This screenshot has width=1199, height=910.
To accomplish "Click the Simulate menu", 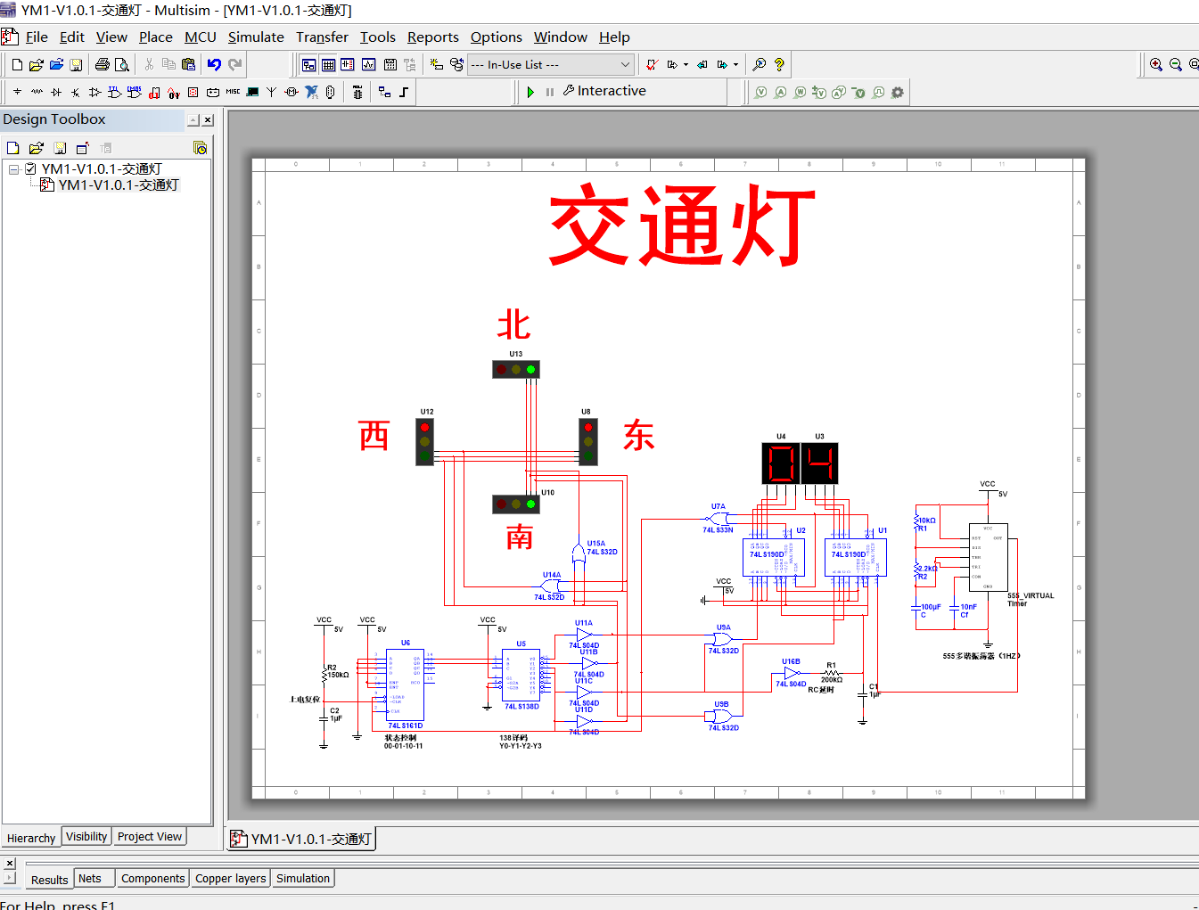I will (256, 37).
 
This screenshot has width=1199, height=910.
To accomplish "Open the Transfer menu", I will (322, 37).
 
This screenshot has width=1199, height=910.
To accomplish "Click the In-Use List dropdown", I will (551, 65).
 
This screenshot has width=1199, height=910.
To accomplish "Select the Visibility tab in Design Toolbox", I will (86, 837).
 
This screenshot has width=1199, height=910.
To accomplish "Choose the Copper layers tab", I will (230, 879).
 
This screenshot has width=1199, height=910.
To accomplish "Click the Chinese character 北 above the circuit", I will (514, 325).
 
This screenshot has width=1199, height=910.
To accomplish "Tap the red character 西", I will (374, 436).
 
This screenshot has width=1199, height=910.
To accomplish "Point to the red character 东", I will (638, 435).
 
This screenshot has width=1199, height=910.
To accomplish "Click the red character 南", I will (519, 537).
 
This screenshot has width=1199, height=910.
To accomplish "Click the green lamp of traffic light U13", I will (530, 369).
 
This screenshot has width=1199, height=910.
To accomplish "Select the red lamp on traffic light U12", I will (425, 428).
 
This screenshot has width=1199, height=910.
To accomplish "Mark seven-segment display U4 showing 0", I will (781, 463).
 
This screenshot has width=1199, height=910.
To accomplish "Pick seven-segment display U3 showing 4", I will (819, 463).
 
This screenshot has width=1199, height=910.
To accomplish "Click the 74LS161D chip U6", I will (406, 684).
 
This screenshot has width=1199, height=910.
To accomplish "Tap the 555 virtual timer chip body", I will (988, 556).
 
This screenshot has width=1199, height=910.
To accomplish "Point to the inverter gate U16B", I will (791, 674).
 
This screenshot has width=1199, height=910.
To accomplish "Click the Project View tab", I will (149, 837).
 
